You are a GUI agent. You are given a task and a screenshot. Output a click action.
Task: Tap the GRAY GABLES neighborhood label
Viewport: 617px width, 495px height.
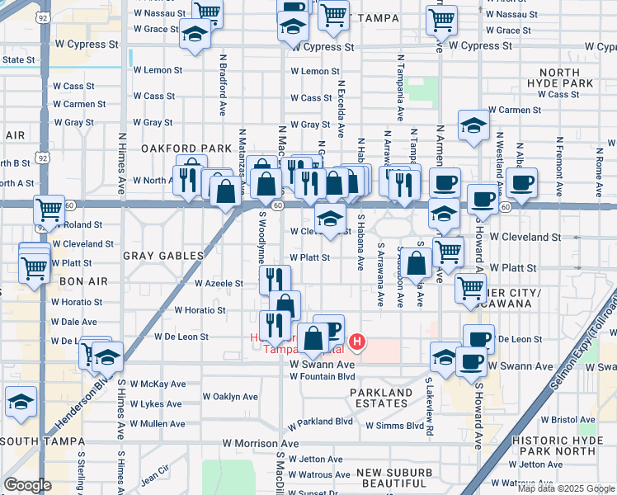[163, 256]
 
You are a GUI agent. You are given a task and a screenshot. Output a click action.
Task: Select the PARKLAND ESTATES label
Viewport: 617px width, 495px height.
[380, 398]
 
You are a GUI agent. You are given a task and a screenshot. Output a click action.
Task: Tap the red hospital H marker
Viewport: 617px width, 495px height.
[357, 341]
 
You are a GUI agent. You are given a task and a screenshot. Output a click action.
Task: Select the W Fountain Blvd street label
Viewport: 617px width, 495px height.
[322, 377]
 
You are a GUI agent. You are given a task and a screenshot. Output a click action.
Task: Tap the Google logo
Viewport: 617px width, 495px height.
[27, 485]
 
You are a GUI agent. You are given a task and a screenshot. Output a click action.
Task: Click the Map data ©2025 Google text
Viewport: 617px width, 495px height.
[565, 488]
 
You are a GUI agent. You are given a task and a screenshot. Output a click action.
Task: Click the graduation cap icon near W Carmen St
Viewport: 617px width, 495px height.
[473, 125]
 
